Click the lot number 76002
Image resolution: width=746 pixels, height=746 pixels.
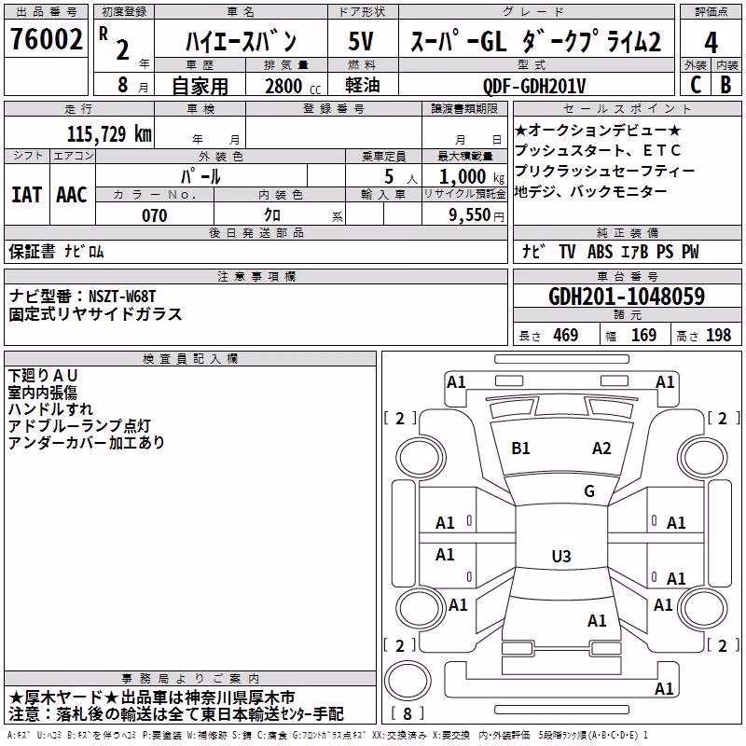(47, 39)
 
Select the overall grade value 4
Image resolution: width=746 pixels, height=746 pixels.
(711, 42)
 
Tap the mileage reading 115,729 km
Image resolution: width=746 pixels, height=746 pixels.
(109, 133)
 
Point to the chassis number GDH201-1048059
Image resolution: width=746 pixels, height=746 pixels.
(627, 296)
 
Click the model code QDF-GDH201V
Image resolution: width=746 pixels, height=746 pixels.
(533, 86)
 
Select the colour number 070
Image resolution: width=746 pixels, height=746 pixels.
(155, 215)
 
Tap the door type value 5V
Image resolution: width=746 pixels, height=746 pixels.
(361, 41)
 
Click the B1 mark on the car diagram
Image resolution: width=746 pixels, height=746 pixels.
(520, 449)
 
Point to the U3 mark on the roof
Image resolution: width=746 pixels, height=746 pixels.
(561, 556)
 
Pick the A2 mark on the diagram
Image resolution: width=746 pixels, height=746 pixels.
(601, 449)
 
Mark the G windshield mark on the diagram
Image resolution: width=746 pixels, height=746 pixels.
(589, 490)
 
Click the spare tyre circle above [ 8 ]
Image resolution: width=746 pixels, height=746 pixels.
(408, 681)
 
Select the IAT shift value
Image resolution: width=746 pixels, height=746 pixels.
(27, 195)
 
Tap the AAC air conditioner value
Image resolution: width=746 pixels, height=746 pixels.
(72, 195)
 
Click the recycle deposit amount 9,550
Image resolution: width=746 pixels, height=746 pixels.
(470, 215)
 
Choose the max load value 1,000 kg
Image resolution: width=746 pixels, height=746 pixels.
(472, 177)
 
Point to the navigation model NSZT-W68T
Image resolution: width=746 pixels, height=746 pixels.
(122, 297)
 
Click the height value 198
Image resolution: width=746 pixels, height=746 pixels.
(718, 335)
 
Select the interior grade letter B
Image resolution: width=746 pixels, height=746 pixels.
(725, 85)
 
